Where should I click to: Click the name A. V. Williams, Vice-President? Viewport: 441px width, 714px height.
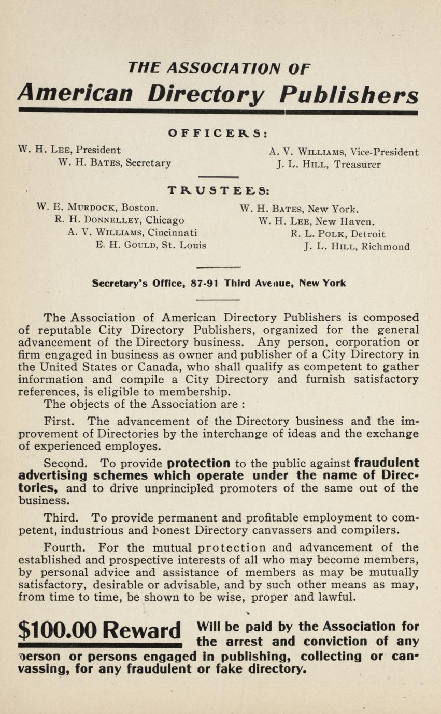344,152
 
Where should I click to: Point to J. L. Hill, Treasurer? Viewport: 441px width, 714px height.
329,165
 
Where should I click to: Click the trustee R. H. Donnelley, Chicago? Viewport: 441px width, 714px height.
119,220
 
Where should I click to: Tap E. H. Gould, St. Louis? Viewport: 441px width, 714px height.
151,245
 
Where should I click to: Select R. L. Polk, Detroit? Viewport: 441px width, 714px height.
338,234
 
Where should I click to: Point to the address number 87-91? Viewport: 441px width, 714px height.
204,284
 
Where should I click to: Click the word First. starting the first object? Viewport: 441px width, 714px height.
61,422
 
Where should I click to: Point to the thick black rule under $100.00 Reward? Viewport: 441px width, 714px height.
99,645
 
